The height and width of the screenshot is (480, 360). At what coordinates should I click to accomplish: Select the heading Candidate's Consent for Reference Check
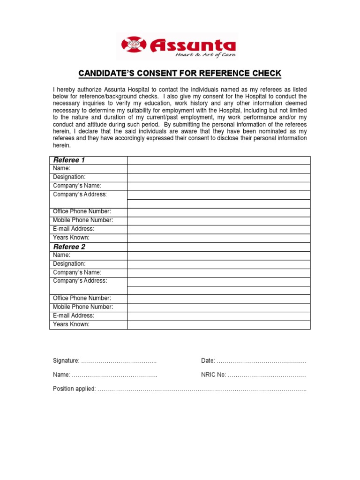180,74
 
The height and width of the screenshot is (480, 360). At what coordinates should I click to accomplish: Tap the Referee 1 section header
69,160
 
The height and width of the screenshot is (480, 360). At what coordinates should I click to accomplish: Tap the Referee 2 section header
69,247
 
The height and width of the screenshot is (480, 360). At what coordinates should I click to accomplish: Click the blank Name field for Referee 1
218,169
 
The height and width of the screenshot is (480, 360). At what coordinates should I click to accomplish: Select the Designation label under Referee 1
69,177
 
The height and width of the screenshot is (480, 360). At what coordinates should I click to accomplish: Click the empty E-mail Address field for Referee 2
218,316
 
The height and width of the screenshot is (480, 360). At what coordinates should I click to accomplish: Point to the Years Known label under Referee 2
71,324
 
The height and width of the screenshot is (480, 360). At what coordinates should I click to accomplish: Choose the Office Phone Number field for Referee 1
218,212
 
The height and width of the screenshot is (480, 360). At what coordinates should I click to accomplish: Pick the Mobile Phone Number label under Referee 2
83,307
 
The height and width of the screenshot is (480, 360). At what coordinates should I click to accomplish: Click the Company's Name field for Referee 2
218,273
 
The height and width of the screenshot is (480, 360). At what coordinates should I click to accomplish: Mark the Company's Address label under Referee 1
80,195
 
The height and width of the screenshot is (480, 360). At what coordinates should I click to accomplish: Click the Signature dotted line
119,361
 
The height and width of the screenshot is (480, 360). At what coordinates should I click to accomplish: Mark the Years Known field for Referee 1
218,238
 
